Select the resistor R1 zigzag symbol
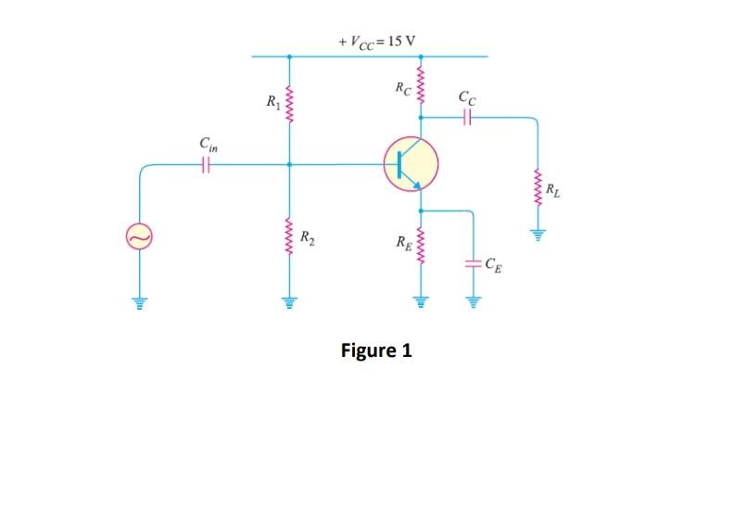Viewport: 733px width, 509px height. point(289,98)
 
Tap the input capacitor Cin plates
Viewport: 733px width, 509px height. point(206,165)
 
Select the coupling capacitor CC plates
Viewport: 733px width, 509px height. point(466,118)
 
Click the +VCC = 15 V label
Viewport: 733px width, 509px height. point(378,42)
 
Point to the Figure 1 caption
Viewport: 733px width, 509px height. point(376,350)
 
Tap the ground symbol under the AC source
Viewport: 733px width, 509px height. point(139,301)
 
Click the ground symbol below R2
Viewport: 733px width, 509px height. point(289,301)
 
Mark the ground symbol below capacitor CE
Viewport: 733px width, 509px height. point(474,301)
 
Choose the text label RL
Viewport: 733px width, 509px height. point(552,192)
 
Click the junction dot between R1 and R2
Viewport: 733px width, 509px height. point(289,165)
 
